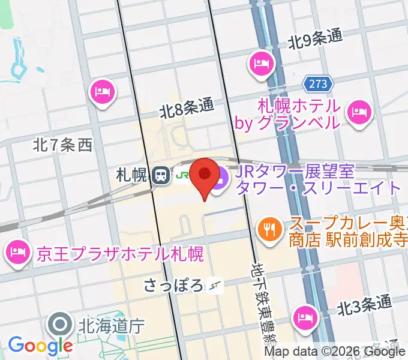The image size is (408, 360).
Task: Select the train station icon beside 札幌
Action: [x=160, y=175]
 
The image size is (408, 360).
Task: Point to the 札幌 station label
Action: [x=132, y=175]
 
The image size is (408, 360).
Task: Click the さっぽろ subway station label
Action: [x=173, y=284]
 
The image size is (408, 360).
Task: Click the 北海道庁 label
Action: [x=112, y=326]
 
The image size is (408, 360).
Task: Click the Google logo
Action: [x=40, y=346]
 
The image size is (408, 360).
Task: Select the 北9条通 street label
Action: [x=315, y=40]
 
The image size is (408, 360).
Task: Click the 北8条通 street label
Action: [x=187, y=108]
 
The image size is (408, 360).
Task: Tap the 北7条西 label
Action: [x=62, y=144]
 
